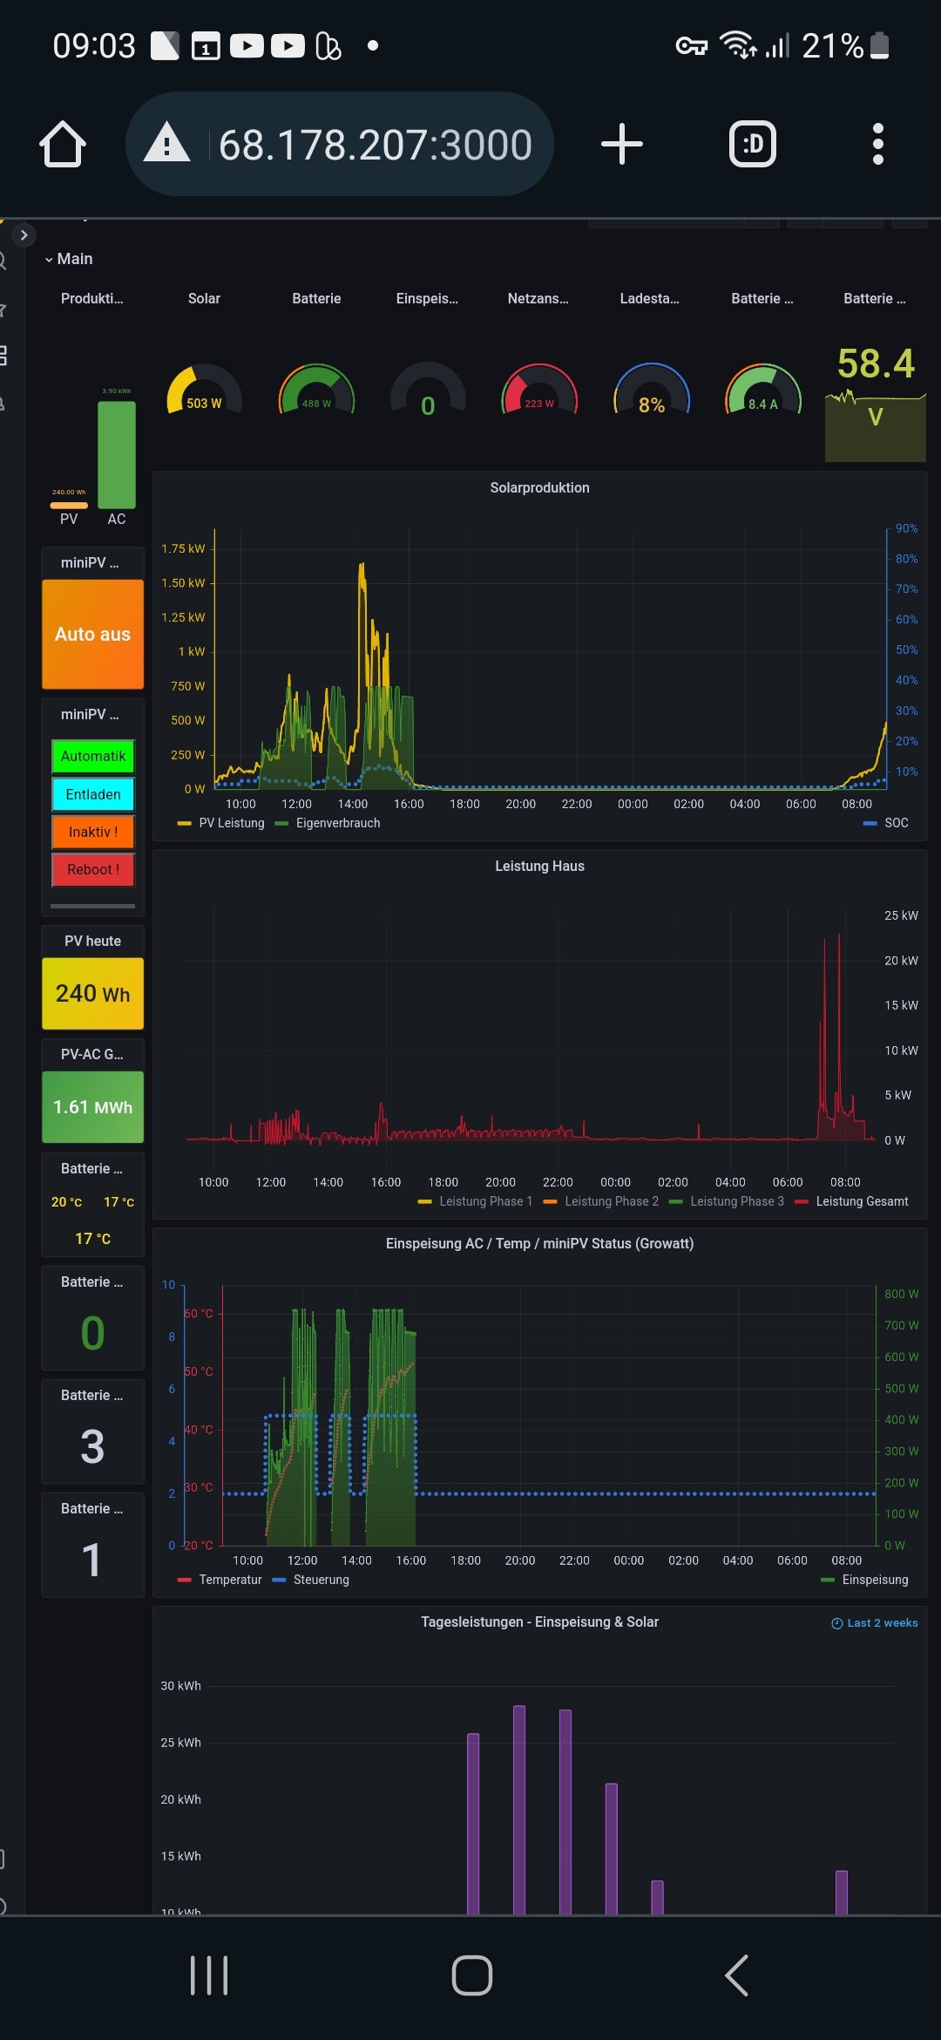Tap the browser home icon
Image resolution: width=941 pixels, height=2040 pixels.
63,144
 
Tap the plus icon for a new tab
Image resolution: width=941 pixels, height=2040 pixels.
622,144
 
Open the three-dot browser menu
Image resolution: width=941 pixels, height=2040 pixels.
877,144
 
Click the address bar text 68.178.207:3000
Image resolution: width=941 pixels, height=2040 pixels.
375,145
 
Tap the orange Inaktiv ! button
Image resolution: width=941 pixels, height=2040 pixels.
93,832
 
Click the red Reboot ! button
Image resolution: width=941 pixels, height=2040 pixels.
93,869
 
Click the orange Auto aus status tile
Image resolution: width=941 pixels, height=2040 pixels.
92,634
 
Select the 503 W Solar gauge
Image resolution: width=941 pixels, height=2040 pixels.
204,397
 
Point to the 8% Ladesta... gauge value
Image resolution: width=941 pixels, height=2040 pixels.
652,405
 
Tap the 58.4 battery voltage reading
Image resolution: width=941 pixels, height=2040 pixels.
876,364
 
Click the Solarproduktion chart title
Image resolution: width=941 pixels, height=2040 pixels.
539,488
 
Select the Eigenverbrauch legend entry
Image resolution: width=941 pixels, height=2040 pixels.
337,823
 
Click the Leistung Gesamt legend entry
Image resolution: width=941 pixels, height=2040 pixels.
861,1201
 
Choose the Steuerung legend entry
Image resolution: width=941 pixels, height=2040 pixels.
320,1580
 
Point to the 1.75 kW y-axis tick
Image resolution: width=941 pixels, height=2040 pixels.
183,548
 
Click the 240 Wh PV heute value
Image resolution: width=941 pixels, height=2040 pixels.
92,994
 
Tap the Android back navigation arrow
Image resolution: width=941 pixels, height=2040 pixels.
737,1975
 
